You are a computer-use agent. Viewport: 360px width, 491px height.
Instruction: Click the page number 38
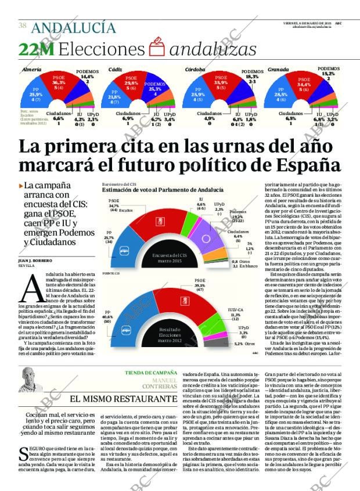(22, 26)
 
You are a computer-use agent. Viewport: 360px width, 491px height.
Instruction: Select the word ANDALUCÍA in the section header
(73, 27)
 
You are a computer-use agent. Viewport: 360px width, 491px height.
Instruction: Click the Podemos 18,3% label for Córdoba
(251, 77)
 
